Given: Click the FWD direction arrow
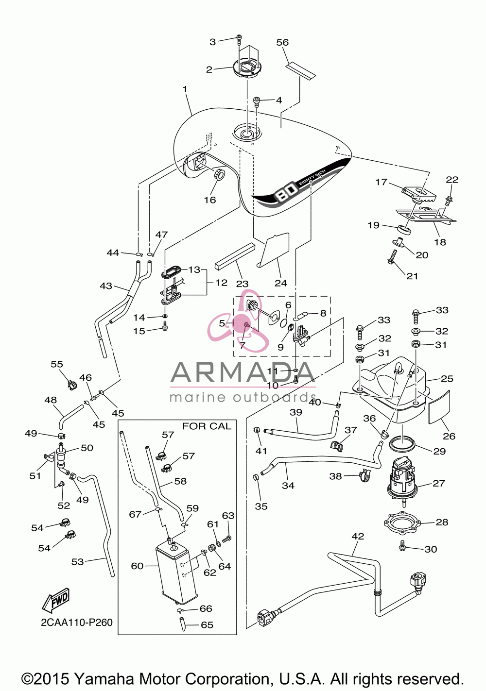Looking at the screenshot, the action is pos(55,600).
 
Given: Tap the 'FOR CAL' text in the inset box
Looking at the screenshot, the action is pos(207,426).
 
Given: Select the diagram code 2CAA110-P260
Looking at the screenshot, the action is pos(77,623).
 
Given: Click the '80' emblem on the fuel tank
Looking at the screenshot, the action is pos(286,194).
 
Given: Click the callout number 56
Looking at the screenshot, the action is pos(282,42).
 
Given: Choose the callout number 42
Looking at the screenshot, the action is pos(358,536).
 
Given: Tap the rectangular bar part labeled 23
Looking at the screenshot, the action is pos(235,256).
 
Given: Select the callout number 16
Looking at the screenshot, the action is pos(209,200).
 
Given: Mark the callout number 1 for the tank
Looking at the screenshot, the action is pos(185,89).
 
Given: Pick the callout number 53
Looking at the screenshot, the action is pos(77,562).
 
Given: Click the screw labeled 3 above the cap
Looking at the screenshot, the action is pos(239,39).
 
